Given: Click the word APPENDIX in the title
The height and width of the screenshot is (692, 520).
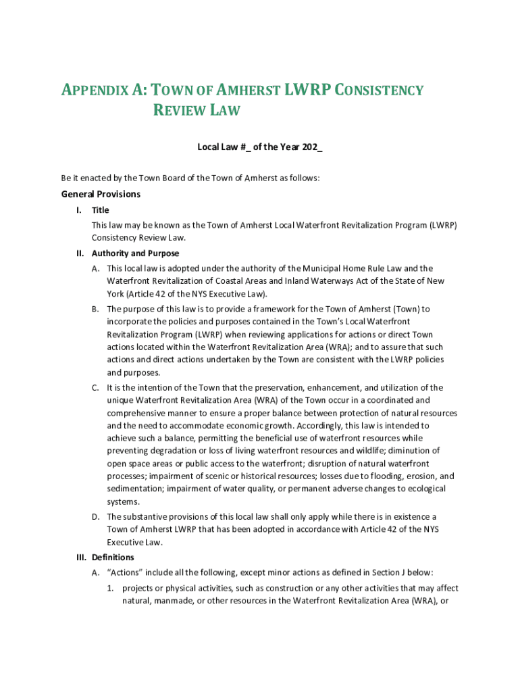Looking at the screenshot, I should pyautogui.click(x=102, y=91).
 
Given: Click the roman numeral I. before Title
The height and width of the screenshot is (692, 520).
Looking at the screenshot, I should pyautogui.click(x=80, y=210).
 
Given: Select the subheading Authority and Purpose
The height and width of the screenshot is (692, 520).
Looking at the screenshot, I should pyautogui.click(x=136, y=253).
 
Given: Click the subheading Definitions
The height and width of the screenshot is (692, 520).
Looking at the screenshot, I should pyautogui.click(x=113, y=558).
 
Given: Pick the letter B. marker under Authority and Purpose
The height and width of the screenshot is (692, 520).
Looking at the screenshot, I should pyautogui.click(x=96, y=309).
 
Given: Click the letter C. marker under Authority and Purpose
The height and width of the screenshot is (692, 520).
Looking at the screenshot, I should pyautogui.click(x=96, y=388).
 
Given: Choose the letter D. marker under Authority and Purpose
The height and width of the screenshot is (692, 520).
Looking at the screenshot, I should pyautogui.click(x=96, y=517).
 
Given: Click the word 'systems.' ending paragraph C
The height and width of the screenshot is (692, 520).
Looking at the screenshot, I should pyautogui.click(x=123, y=501).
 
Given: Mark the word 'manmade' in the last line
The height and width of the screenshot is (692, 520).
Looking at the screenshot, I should pyautogui.click(x=177, y=601).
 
